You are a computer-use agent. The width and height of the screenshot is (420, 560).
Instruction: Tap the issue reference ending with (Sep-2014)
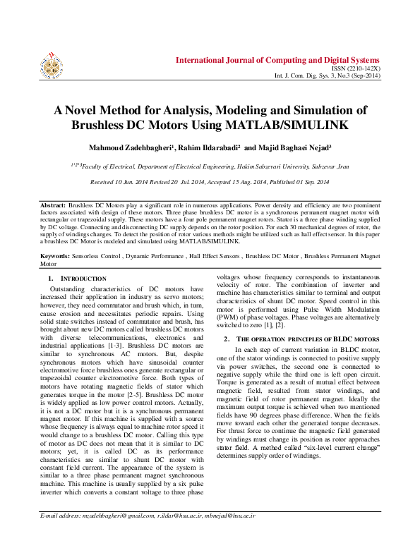[338, 75]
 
